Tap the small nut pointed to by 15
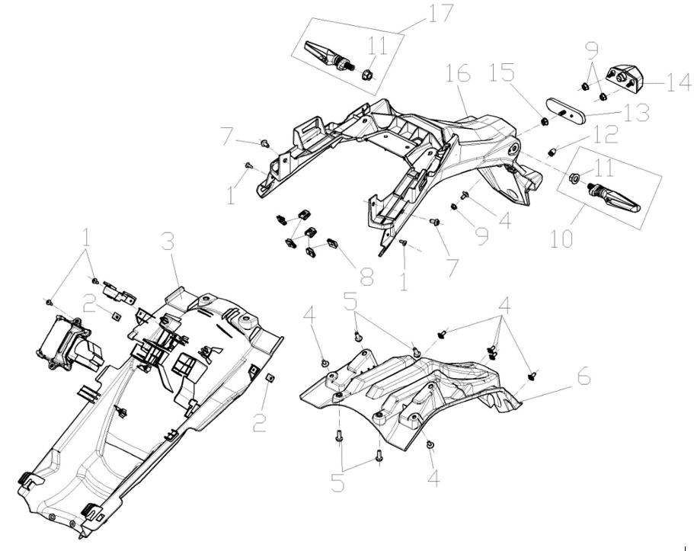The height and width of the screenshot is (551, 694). [545, 120]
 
